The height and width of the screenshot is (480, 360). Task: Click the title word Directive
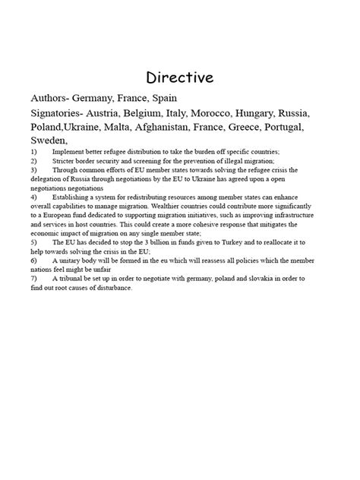tap(180, 77)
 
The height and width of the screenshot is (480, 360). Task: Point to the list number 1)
tap(34, 152)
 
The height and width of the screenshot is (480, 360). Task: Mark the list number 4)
tap(34, 197)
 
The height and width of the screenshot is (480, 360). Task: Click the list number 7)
tap(34, 279)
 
